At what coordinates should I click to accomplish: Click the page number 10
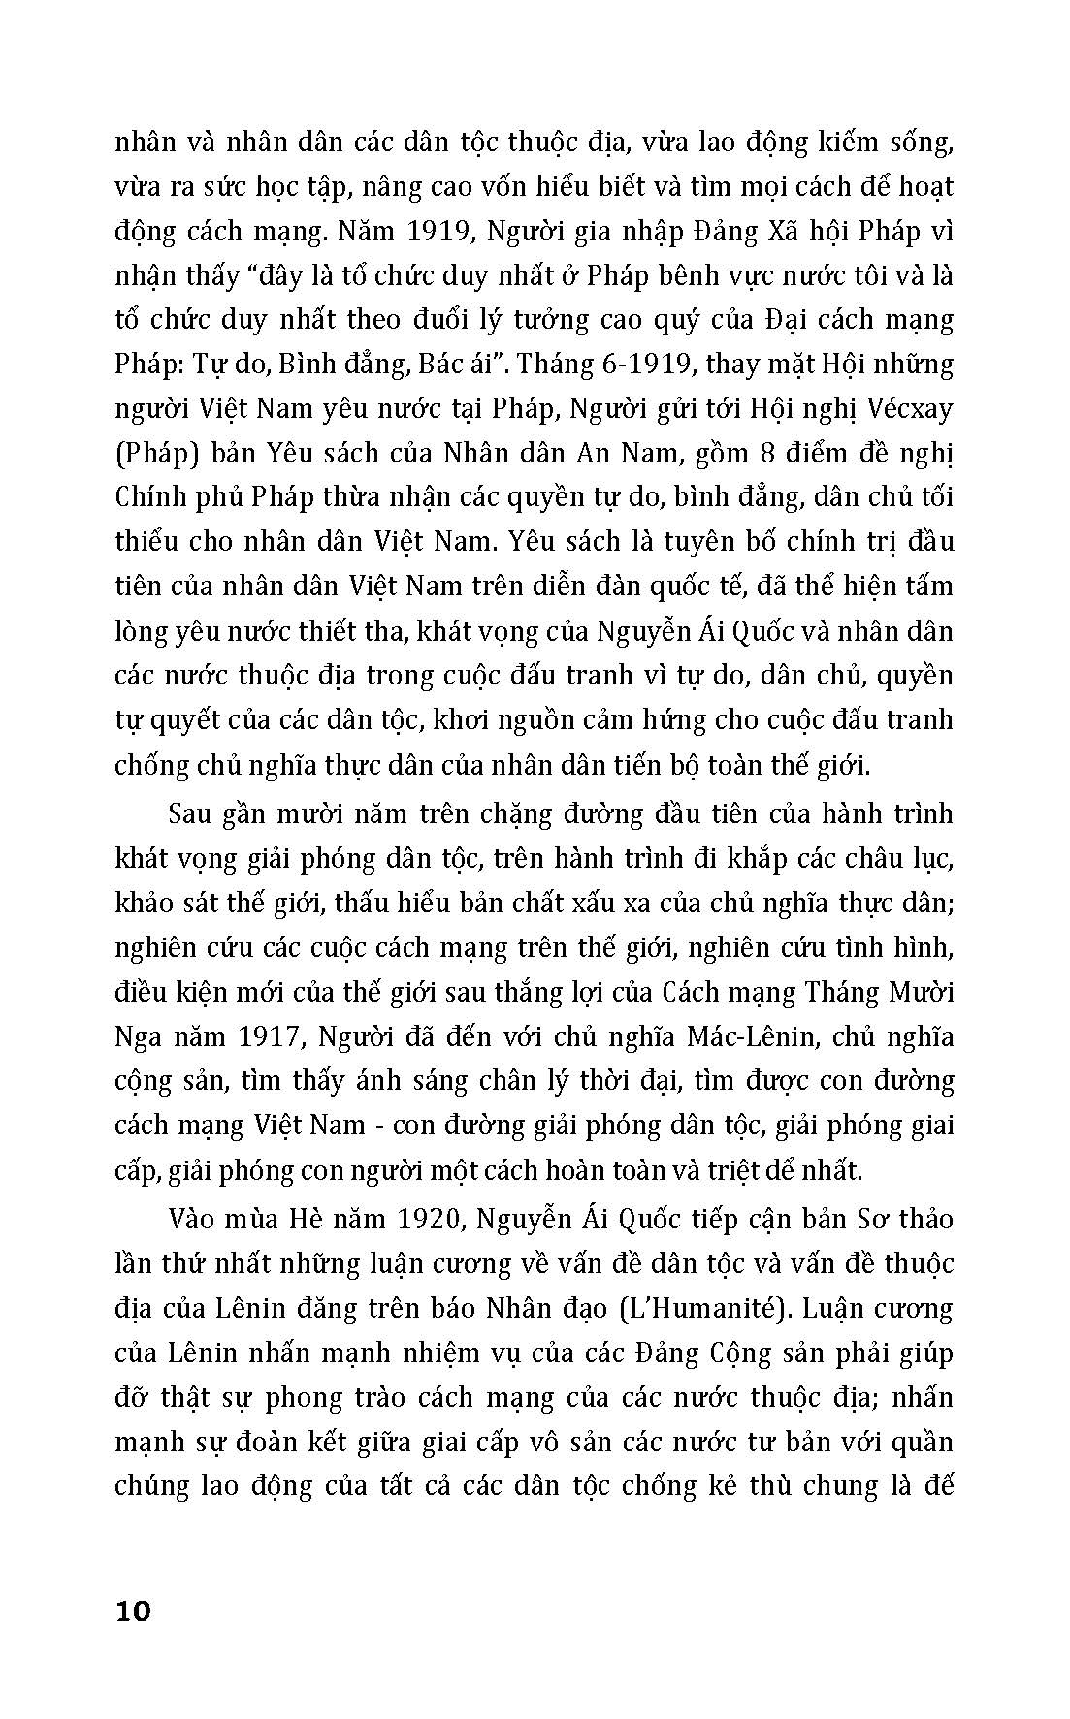133,1611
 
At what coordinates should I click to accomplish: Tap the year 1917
269,1037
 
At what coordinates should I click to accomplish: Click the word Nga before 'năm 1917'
139,1037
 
